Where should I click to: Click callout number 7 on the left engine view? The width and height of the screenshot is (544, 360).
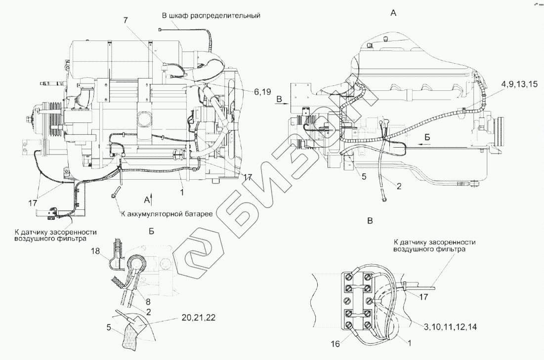[x=126, y=20]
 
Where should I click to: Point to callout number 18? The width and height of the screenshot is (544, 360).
[x=96, y=252]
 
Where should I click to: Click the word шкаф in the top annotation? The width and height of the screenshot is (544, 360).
[x=184, y=15]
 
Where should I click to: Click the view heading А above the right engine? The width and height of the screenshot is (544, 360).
[x=393, y=14]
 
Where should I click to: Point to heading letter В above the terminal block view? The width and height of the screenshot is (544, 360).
[x=370, y=221]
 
